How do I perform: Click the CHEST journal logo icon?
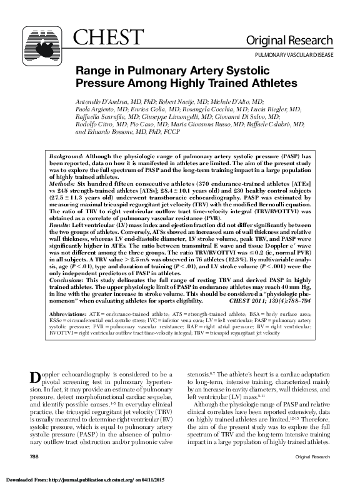click(43, 45)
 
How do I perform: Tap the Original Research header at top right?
click(298, 41)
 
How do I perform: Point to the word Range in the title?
click(95, 71)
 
